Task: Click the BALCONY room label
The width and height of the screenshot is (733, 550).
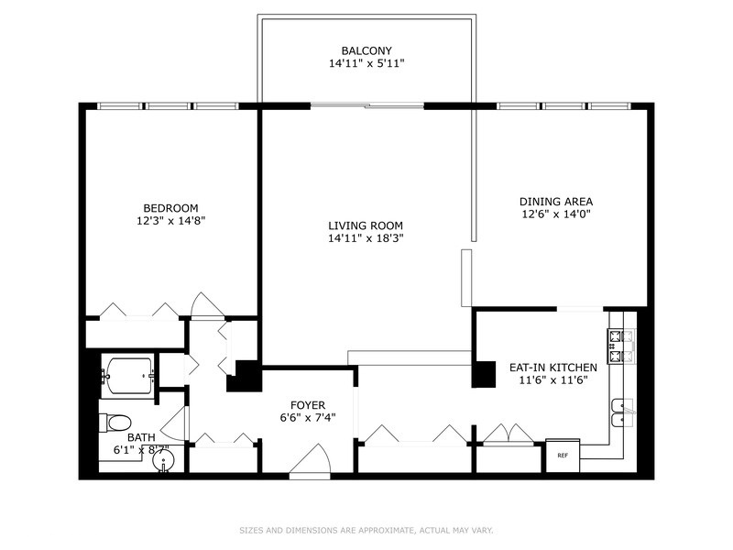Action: click(x=366, y=50)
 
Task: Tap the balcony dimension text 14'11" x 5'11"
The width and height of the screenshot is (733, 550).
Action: click(x=366, y=64)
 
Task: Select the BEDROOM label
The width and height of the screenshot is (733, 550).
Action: click(x=170, y=208)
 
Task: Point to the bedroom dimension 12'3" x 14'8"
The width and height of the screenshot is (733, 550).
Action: click(x=170, y=221)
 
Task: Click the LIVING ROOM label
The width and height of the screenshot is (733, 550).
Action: click(x=366, y=225)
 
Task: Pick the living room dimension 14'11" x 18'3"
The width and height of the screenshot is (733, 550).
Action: click(x=366, y=238)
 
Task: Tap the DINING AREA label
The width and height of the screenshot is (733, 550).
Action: click(x=556, y=202)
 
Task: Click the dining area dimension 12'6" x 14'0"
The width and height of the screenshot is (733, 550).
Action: click(x=556, y=214)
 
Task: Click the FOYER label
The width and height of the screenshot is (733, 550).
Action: click(x=307, y=402)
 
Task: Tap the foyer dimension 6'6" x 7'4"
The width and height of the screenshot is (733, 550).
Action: click(x=307, y=415)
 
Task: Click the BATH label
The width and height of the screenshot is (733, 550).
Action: click(x=141, y=437)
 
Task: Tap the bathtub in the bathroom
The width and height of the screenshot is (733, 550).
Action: click(x=129, y=376)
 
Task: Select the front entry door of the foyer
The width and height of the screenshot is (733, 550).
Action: click(x=309, y=463)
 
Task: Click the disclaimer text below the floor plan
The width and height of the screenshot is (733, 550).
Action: click(x=366, y=530)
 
